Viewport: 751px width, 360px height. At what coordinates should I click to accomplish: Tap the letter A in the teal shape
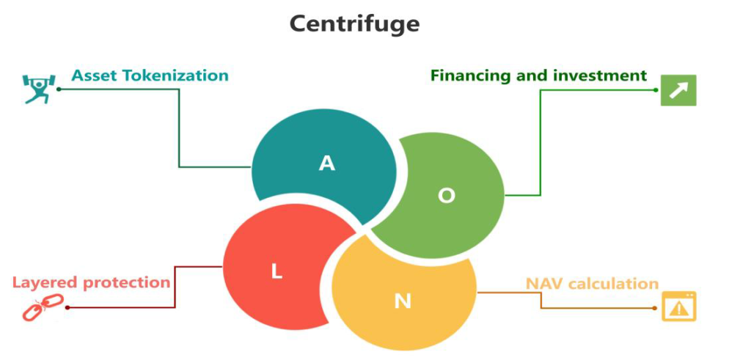(x=327, y=164)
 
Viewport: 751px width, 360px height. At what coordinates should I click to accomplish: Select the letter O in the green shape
(x=446, y=196)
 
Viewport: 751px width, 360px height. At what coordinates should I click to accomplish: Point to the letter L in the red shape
(x=276, y=271)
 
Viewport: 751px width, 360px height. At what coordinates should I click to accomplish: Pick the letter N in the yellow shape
(x=403, y=301)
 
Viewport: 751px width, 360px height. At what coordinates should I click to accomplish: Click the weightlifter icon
(x=35, y=89)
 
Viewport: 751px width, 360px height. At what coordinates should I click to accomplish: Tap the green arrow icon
(x=678, y=90)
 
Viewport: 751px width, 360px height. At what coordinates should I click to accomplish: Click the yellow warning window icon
(x=679, y=307)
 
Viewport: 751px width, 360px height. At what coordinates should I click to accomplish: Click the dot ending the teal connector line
(x=58, y=89)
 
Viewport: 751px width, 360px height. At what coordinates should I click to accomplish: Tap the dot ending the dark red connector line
(x=67, y=307)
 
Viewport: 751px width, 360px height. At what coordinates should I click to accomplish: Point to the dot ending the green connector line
(x=656, y=89)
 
